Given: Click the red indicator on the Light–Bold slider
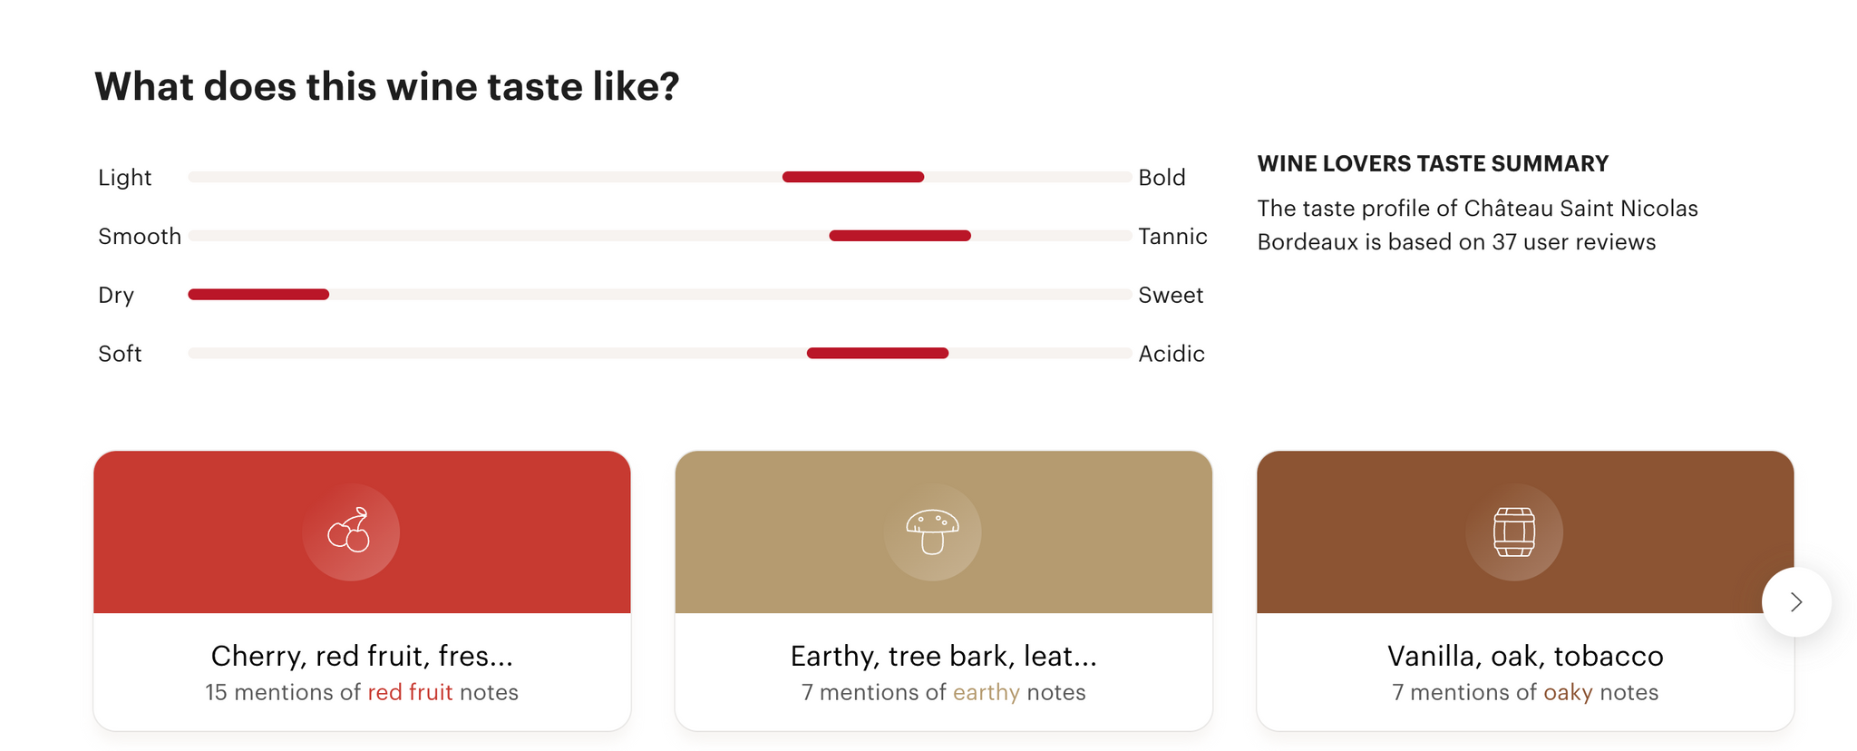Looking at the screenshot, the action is (x=853, y=177).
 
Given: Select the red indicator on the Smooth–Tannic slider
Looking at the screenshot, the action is (x=900, y=236).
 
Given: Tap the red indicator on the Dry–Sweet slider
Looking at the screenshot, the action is (x=258, y=294).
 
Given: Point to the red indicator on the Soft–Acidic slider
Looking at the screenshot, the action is (x=878, y=353).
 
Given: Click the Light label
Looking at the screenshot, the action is (x=124, y=178).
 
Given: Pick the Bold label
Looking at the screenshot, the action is (x=1162, y=178).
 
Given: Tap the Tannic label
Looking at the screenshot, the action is (x=1172, y=237).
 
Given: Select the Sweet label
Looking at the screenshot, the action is (x=1171, y=296).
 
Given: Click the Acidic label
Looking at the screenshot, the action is (x=1172, y=354).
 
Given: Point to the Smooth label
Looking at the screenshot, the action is (x=140, y=237).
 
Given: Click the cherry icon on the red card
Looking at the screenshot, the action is (x=350, y=530).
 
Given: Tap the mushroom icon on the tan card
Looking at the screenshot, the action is (x=932, y=532).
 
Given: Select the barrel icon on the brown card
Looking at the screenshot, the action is (x=1514, y=532).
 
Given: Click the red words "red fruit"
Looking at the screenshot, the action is (x=410, y=692).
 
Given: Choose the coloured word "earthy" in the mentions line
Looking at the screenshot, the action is (x=987, y=693).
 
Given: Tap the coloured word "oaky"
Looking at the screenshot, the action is (x=1568, y=693).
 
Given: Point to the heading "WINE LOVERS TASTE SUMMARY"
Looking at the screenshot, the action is (x=1433, y=164).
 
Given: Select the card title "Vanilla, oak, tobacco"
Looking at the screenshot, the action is (x=1525, y=656).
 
